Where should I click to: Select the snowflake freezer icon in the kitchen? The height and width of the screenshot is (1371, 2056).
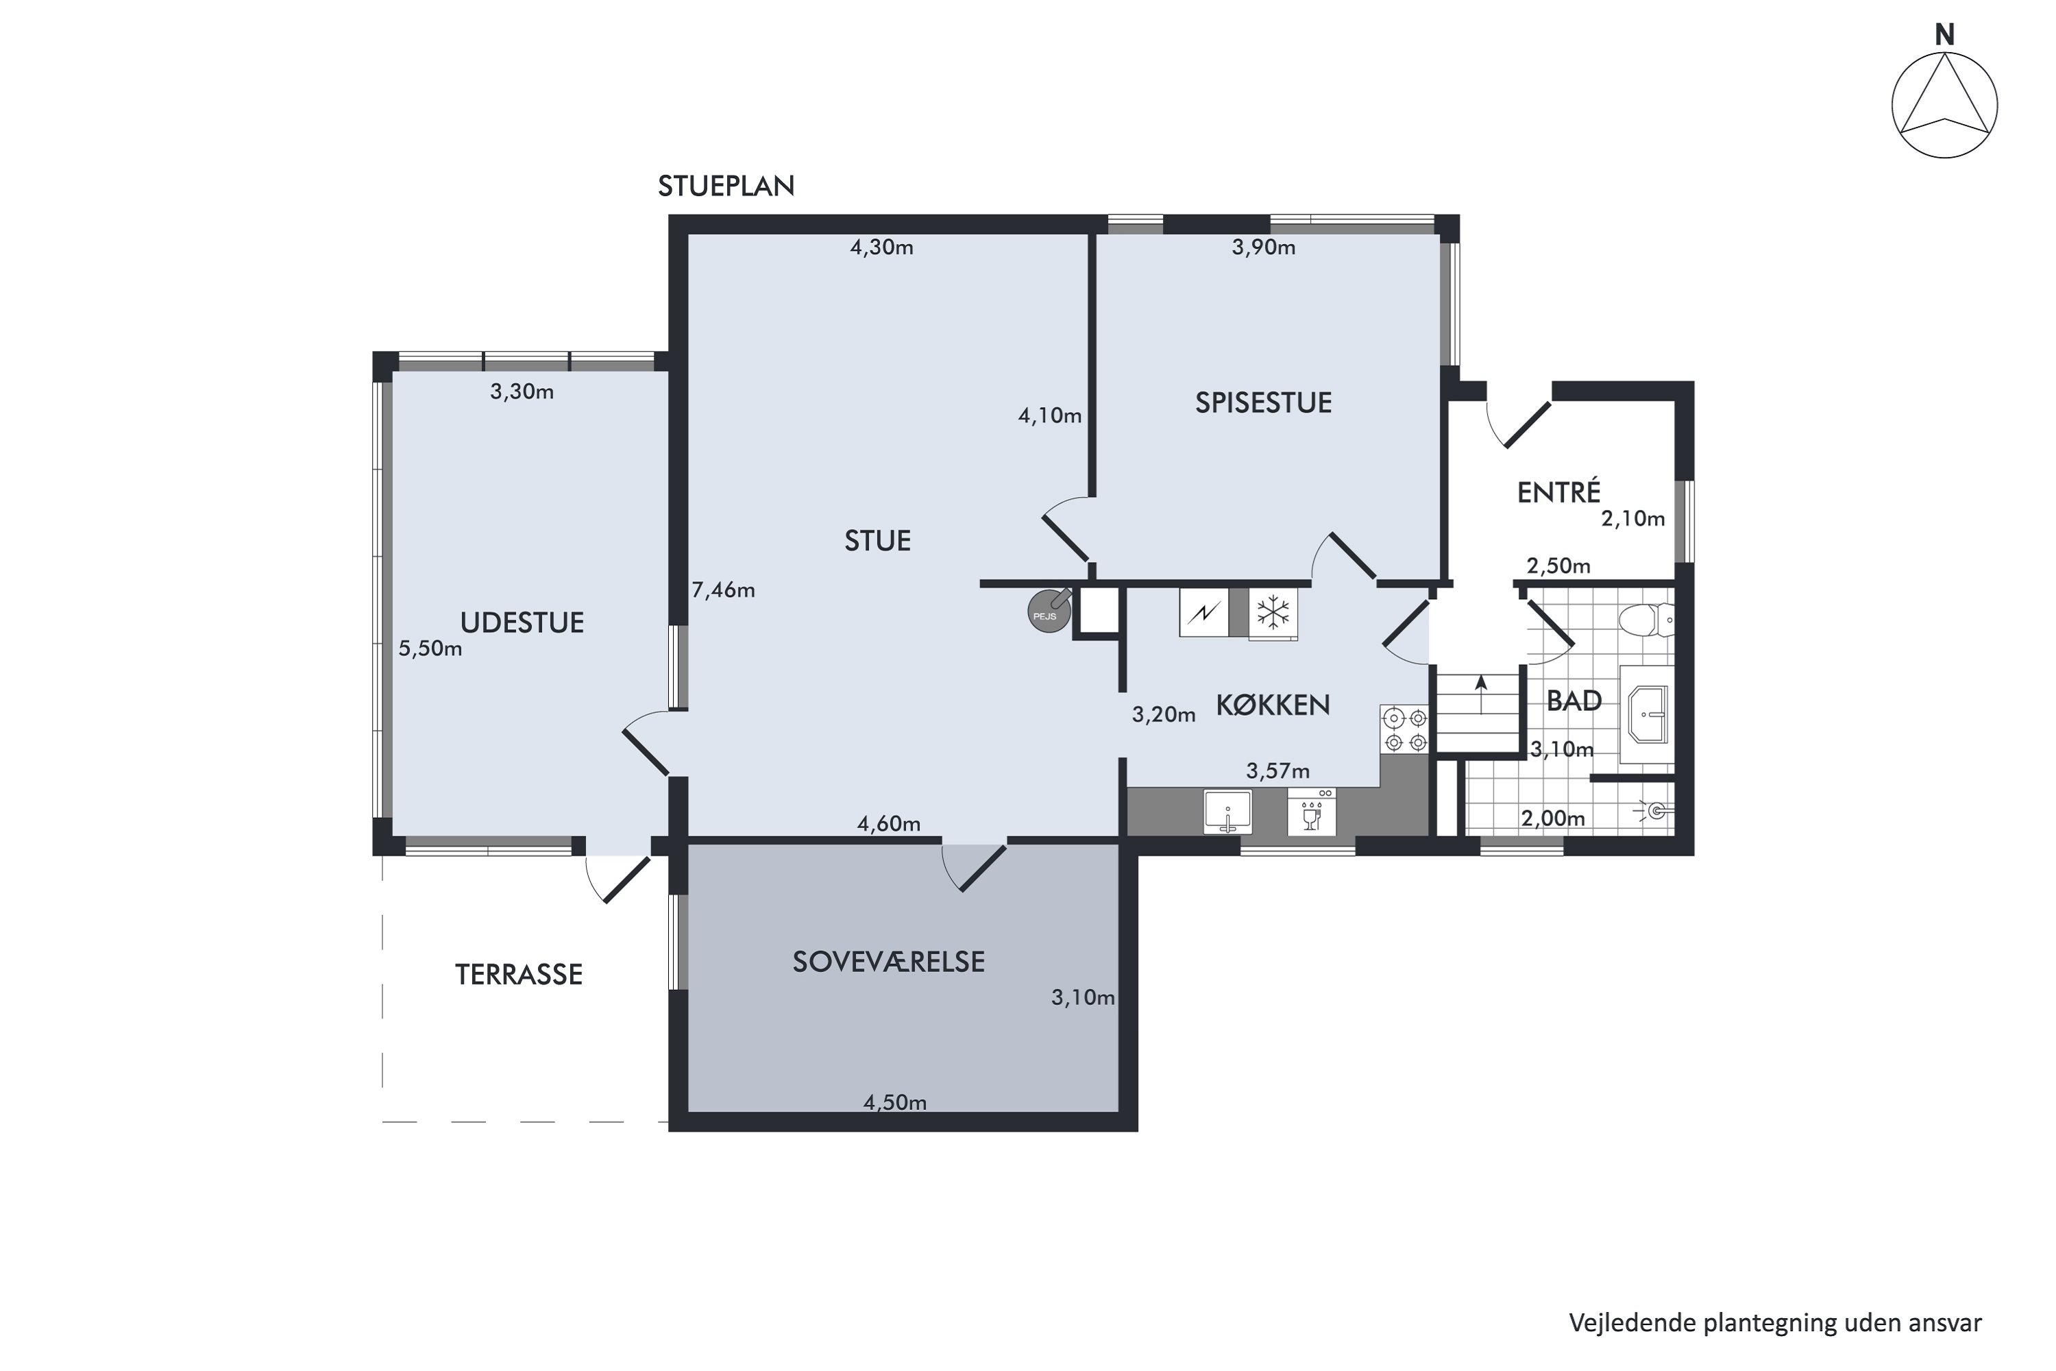pyautogui.click(x=1273, y=613)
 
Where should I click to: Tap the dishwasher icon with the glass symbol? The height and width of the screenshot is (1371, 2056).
pyautogui.click(x=1311, y=812)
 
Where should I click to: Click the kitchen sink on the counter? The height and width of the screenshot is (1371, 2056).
pyautogui.click(x=1227, y=812)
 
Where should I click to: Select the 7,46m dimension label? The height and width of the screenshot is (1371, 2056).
pyautogui.click(x=723, y=590)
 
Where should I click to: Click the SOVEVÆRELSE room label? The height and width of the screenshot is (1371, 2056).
pyautogui.click(x=888, y=962)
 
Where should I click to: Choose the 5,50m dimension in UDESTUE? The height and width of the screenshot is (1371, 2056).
pyautogui.click(x=430, y=648)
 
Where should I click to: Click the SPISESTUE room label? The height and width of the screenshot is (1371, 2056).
pyautogui.click(x=1263, y=402)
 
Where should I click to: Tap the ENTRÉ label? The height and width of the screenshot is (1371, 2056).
pyautogui.click(x=1558, y=492)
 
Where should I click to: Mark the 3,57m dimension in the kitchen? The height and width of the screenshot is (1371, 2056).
pyautogui.click(x=1278, y=771)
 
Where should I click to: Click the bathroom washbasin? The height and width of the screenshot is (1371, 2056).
pyautogui.click(x=1647, y=714)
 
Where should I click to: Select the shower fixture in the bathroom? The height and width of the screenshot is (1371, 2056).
pyautogui.click(x=1656, y=812)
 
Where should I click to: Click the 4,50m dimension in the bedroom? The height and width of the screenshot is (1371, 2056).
pyautogui.click(x=895, y=1102)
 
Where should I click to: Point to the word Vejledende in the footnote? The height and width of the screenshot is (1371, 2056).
pyautogui.click(x=1632, y=1322)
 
